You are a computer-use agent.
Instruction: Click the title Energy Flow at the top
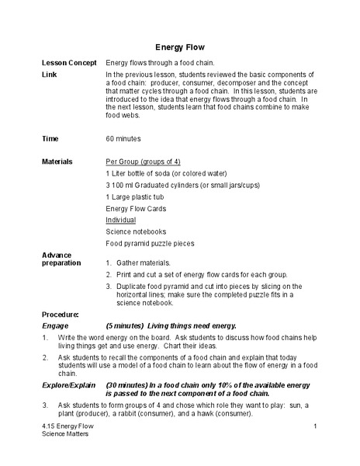pyautogui.click(x=180, y=47)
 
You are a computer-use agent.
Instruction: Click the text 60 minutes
pyautogui.click(x=123, y=138)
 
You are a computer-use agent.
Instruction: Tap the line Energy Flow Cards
pyautogui.click(x=136, y=208)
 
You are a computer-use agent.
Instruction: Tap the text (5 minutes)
pyautogui.click(x=126, y=325)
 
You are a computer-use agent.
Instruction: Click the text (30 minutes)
pyautogui.click(x=128, y=385)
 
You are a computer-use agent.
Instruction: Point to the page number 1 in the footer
pyautogui.click(x=317, y=426)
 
